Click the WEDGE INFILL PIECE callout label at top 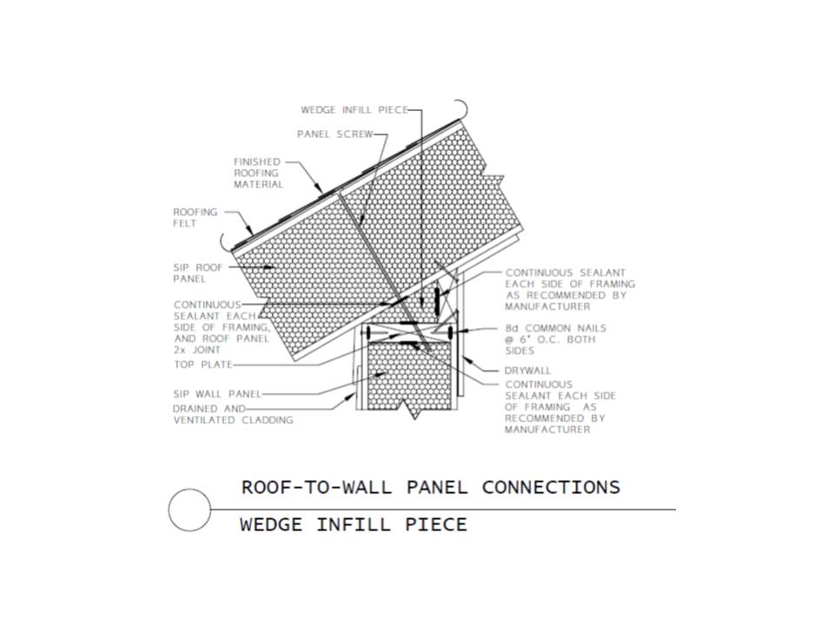(354, 110)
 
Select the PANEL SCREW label (335, 135)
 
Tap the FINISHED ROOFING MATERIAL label (259, 173)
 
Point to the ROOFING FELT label (195, 217)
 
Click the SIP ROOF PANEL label (198, 273)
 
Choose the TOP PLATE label (203, 365)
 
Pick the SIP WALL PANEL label (217, 394)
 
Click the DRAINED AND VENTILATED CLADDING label (233, 414)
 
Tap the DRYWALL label (527, 371)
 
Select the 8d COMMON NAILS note (556, 339)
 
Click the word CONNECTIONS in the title (551, 487)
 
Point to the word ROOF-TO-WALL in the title (316, 487)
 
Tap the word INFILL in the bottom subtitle (354, 524)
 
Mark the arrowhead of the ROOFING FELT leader (250, 231)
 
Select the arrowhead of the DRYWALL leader (467, 359)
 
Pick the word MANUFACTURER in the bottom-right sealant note (547, 430)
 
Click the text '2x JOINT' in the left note (197, 350)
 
